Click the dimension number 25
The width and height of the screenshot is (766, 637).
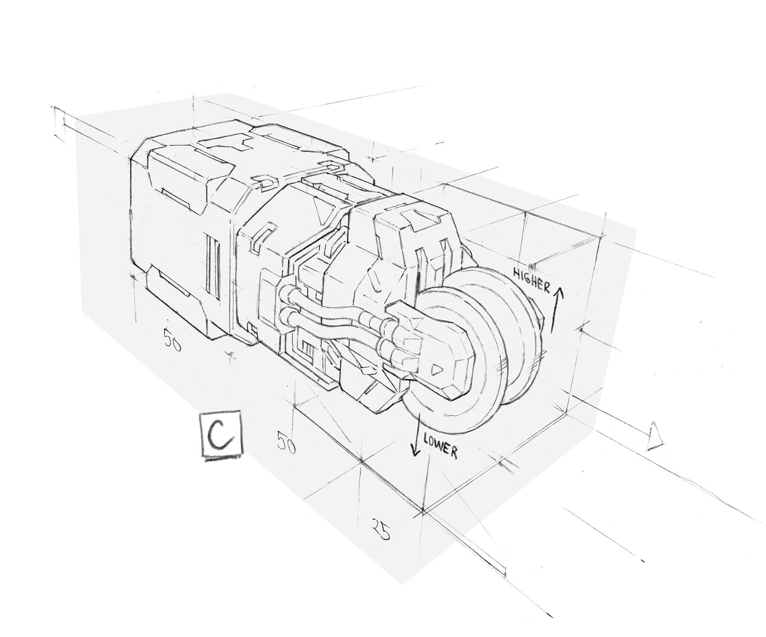pyautogui.click(x=381, y=528)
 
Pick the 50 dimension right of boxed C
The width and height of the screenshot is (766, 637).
pyautogui.click(x=286, y=441)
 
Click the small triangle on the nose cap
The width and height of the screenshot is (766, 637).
pyautogui.click(x=436, y=370)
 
